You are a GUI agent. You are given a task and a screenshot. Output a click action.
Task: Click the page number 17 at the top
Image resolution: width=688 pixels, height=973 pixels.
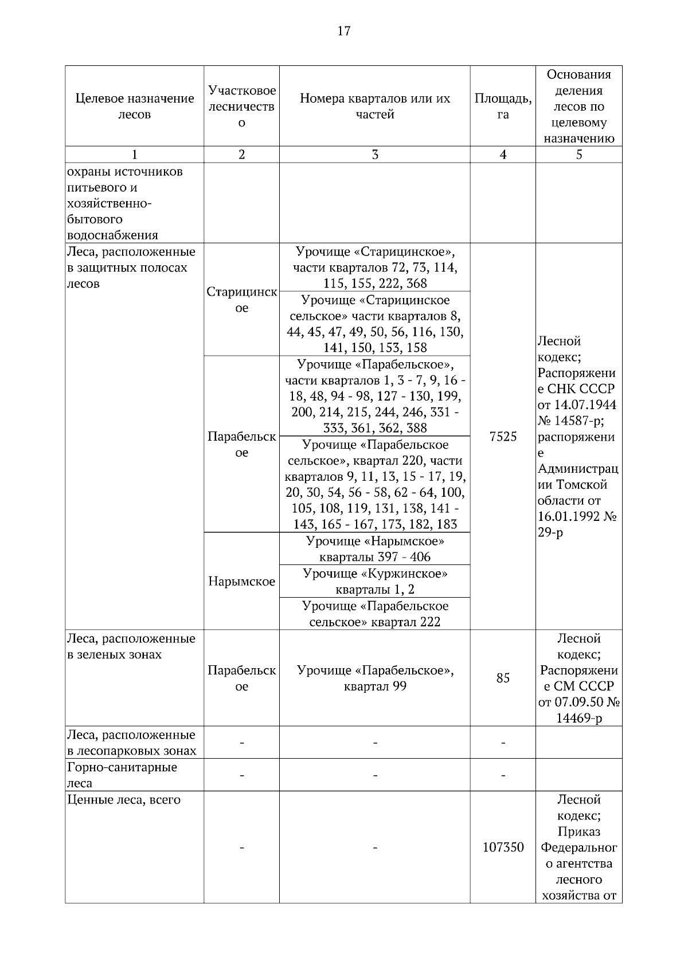(x=343, y=31)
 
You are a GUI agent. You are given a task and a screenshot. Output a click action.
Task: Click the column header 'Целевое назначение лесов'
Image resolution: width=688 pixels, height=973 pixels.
(x=135, y=106)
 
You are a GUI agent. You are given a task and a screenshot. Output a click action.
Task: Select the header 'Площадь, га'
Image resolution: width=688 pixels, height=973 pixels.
(x=503, y=106)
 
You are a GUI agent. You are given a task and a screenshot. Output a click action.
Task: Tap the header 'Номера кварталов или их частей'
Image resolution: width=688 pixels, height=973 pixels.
(x=374, y=106)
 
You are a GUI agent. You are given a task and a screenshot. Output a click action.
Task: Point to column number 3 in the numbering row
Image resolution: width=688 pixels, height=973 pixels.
(x=374, y=155)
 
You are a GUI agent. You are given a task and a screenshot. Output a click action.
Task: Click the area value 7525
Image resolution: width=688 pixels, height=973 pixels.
(x=503, y=437)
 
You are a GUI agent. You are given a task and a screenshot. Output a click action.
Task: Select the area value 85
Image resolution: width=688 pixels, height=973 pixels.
(x=503, y=678)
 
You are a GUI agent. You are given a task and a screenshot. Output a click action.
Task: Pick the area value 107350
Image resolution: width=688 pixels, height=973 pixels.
(x=503, y=847)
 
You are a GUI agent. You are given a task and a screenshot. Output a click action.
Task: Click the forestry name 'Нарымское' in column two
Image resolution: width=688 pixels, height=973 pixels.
(x=241, y=581)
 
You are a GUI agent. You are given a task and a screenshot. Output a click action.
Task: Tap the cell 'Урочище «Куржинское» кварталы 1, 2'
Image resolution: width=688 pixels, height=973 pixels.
(x=374, y=581)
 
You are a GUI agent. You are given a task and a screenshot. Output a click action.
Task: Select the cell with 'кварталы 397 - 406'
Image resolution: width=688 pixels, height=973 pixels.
(x=374, y=557)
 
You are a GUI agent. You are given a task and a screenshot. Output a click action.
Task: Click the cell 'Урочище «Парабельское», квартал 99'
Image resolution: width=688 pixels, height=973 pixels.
(x=374, y=678)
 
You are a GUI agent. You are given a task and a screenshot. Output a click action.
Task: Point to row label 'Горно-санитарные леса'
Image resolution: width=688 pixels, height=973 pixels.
(x=122, y=775)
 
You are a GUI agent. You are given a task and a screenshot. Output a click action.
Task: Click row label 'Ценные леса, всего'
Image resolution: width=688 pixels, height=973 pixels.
(x=124, y=799)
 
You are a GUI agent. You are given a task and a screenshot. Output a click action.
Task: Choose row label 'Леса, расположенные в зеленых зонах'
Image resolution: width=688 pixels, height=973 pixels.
(x=131, y=646)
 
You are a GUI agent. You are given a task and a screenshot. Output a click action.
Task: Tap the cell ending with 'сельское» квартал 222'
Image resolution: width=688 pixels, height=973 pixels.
(x=374, y=622)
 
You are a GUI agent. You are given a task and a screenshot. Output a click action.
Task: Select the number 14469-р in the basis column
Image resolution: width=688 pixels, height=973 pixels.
(x=579, y=718)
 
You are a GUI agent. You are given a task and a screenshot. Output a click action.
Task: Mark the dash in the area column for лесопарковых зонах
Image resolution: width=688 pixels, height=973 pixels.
(x=503, y=743)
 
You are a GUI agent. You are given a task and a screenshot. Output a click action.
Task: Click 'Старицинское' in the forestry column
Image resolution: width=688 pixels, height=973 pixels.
(x=241, y=300)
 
